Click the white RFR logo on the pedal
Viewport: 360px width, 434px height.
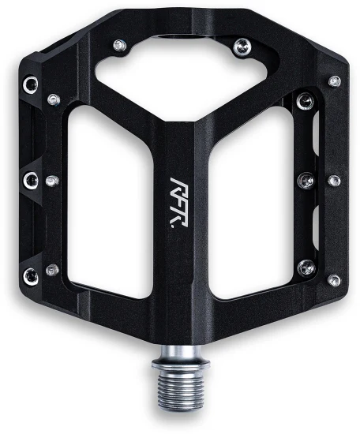point(178,203)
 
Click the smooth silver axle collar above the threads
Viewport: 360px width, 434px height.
point(181,357)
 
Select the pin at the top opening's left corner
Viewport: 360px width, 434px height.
point(120,45)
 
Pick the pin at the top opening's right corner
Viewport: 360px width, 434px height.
point(242,47)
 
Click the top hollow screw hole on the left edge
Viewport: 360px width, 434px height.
point(31,84)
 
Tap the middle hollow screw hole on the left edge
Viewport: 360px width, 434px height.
point(31,180)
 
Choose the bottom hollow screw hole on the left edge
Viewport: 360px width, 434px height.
point(31,276)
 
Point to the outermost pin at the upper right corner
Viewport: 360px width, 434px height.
point(335,81)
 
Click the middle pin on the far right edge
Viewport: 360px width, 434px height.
point(334,181)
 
